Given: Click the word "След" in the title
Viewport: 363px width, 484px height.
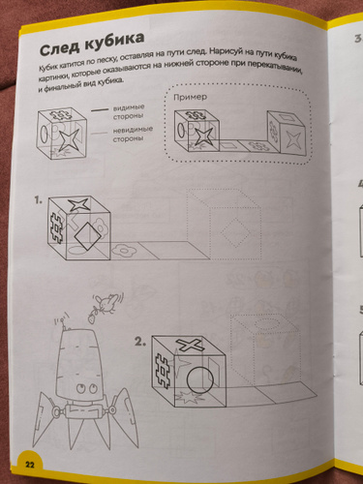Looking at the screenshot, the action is (x=59, y=47).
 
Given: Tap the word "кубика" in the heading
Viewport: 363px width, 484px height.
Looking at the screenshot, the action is (x=114, y=41).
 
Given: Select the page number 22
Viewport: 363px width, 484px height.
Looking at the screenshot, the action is (x=29, y=465).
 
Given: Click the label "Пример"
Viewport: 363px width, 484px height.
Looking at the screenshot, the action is (x=191, y=97).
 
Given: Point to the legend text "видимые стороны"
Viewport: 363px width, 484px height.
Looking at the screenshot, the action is (x=129, y=111).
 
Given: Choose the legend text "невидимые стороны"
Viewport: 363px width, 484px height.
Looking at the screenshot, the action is (x=133, y=134).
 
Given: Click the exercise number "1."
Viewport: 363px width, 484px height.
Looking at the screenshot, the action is (x=39, y=200).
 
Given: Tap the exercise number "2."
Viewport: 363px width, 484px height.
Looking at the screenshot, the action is (x=140, y=342).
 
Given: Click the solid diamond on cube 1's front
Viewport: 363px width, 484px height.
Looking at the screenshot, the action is (x=86, y=236).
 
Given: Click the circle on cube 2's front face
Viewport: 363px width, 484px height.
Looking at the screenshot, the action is (x=200, y=378).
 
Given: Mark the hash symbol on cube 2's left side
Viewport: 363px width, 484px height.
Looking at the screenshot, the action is (x=163, y=372).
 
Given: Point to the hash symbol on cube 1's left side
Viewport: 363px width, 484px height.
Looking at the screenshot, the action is (x=57, y=226).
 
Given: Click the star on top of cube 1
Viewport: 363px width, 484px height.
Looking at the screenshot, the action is (x=78, y=204).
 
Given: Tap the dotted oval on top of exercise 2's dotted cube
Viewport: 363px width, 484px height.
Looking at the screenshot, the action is (x=266, y=323).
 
